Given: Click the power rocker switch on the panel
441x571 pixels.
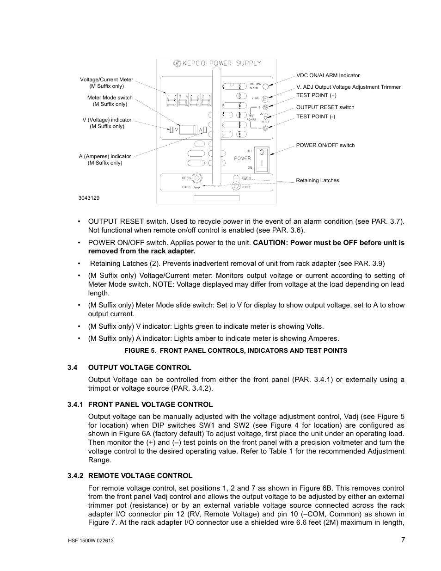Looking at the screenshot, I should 262,159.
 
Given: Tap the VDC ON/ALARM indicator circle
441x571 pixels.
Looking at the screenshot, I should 266,85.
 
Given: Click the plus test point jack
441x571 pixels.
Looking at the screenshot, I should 265,107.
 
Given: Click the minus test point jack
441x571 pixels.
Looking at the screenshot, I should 265,128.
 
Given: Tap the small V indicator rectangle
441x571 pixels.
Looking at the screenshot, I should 171,130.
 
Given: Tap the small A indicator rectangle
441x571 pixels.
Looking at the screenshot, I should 205,130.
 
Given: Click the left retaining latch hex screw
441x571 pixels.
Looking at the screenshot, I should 196,178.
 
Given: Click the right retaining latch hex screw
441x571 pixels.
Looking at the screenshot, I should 237,186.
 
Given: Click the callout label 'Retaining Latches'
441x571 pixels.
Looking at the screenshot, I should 317,180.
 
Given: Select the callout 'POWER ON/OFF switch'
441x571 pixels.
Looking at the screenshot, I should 325,145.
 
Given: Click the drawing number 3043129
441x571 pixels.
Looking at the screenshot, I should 89,198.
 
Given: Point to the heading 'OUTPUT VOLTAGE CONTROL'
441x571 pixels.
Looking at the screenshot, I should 140,368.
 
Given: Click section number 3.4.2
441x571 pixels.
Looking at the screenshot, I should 75,476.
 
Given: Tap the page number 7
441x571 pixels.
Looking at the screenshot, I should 403,540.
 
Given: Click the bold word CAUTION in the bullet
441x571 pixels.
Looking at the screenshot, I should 270,243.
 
